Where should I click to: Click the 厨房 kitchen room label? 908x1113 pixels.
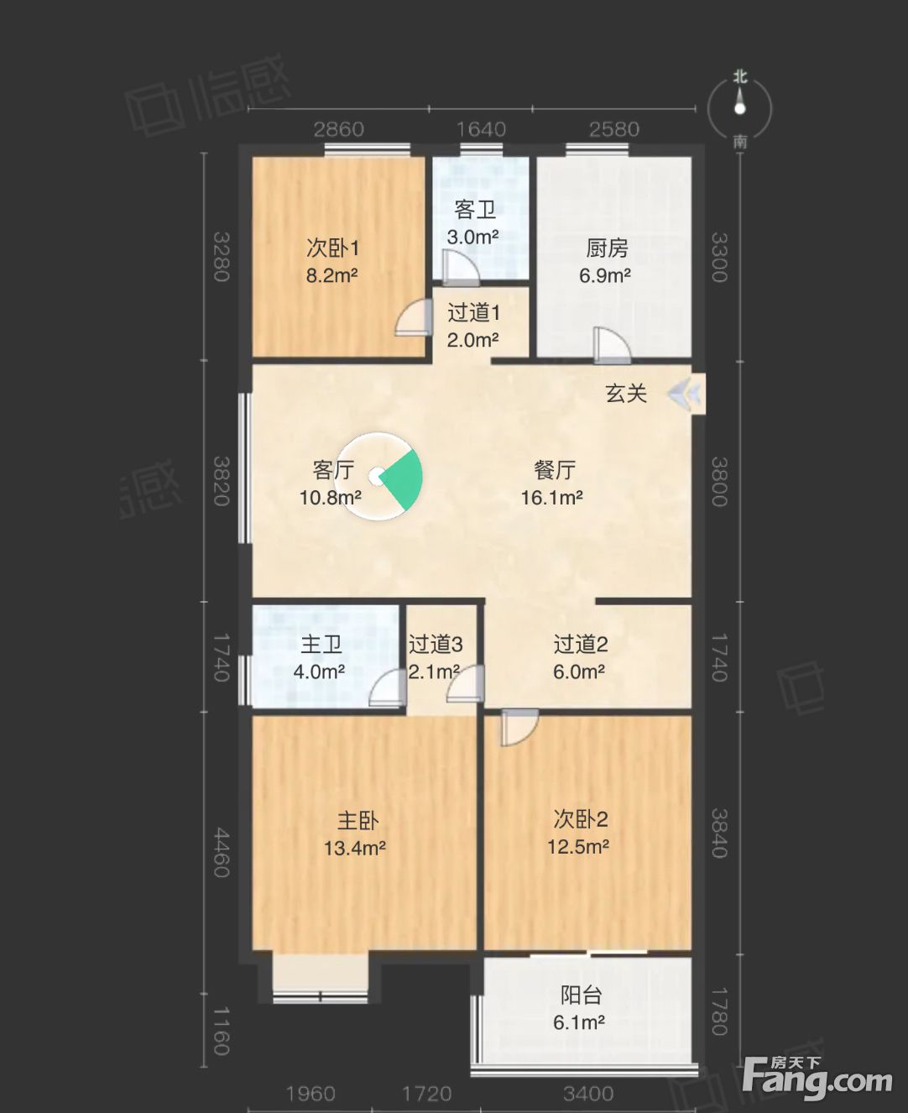[x=607, y=248]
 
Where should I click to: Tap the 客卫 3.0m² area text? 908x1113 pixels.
[x=472, y=237]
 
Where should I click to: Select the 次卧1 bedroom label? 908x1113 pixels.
[x=333, y=248]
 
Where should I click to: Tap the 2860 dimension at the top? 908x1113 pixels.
[x=339, y=129]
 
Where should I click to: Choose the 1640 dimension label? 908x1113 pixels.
[x=481, y=129]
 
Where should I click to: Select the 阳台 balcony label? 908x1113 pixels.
[x=581, y=995]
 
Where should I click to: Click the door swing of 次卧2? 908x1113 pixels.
[x=519, y=727]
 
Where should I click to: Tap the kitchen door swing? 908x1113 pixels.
[x=612, y=345]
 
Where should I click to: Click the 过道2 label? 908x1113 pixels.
[x=581, y=644]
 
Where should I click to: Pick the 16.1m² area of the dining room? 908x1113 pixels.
[x=552, y=498]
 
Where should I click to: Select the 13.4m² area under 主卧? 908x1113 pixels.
[x=354, y=849]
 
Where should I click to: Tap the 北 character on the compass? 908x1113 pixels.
[x=740, y=77]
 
